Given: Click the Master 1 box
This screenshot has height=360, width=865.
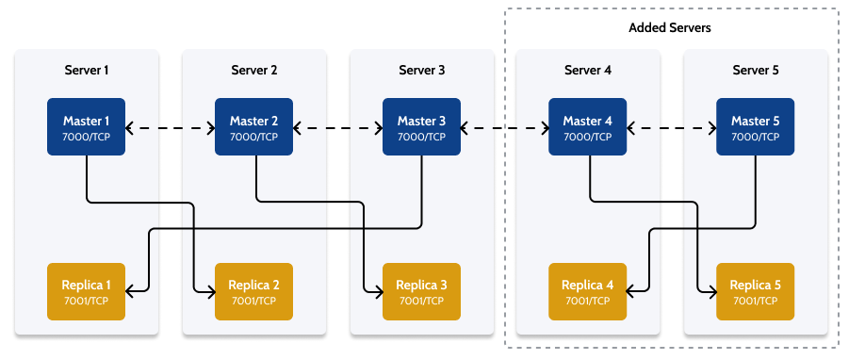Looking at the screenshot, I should click(87, 127).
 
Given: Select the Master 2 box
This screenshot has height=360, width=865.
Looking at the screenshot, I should click(254, 127).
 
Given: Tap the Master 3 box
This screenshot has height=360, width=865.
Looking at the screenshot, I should click(421, 127).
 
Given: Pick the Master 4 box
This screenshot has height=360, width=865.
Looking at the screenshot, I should click(588, 127).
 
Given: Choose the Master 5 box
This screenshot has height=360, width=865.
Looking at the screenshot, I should click(756, 127).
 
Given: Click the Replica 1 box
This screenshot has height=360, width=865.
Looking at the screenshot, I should click(87, 291).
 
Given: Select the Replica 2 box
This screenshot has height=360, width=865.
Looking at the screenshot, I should click(254, 291).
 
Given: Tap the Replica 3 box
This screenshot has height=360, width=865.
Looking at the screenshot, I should click(421, 291).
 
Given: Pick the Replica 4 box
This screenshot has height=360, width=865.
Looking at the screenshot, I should click(588, 291).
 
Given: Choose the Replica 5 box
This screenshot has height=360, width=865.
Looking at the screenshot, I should click(756, 291).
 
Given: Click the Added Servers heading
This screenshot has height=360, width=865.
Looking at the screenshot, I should click(670, 28).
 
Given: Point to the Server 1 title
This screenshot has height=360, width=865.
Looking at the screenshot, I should click(87, 71).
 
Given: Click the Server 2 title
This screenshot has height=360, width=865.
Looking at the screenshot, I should click(254, 71).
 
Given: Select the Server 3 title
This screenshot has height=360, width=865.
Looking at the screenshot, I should click(421, 71).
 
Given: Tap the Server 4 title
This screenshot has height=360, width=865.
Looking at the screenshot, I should click(588, 71).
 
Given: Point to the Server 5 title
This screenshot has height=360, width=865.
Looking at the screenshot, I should click(756, 71).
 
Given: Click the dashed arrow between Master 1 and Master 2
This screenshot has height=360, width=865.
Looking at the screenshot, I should click(171, 127).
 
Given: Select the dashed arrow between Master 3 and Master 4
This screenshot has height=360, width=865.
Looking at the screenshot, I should click(505, 127).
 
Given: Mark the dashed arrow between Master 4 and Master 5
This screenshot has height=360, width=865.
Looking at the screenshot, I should click(672, 127).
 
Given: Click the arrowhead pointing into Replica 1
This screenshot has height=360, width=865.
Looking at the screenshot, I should click(131, 291).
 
